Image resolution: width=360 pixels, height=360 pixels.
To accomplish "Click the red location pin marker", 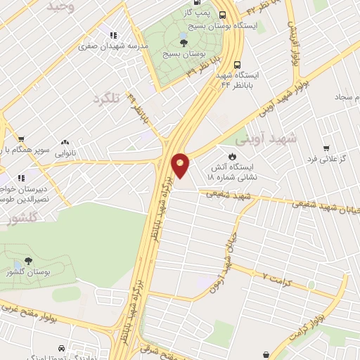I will click(180, 165).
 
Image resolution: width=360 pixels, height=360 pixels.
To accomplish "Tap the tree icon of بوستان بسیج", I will click(184, 43).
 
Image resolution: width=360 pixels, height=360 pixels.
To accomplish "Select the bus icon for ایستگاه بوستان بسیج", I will click(222, 15).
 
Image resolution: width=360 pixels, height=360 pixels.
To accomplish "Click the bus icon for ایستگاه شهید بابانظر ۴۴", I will click(238, 61).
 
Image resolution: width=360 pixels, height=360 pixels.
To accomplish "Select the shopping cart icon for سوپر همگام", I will click(21, 139).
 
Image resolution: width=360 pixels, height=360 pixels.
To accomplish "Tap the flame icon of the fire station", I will click(231, 156).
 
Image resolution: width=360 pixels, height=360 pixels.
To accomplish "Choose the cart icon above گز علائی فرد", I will click(326, 148).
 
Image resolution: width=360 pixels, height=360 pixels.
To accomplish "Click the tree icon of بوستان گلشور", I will click(28, 261).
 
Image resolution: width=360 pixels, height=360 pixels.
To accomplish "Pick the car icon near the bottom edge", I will click(62, 348).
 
